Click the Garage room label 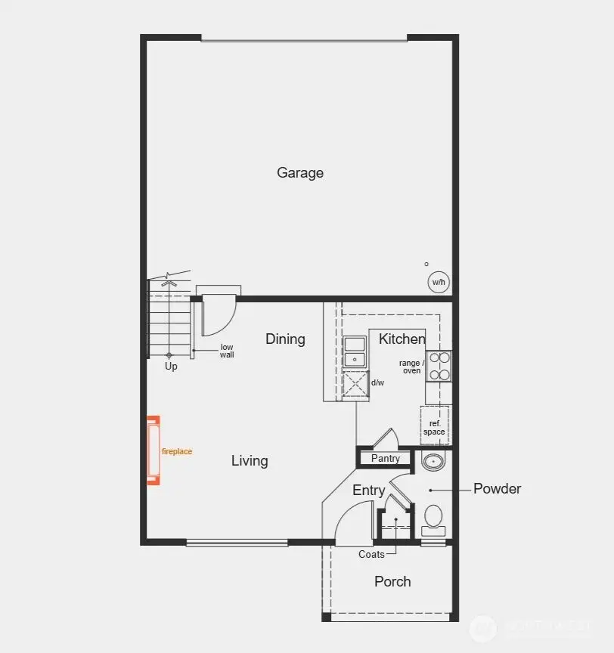pyautogui.click(x=300, y=173)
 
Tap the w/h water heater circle pyautogui.click(x=439, y=283)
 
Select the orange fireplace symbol pyautogui.click(x=153, y=450)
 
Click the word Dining pyautogui.click(x=285, y=339)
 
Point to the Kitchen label pyautogui.click(x=402, y=339)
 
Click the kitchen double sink pyautogui.click(x=354, y=352)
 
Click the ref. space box pyautogui.click(x=434, y=427)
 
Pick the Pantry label pyautogui.click(x=386, y=459)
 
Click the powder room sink pyautogui.click(x=433, y=460)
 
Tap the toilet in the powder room pyautogui.click(x=433, y=518)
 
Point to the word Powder pyautogui.click(x=497, y=489)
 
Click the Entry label pyautogui.click(x=368, y=491)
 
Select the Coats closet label pyautogui.click(x=371, y=555)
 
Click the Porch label pyautogui.click(x=392, y=582)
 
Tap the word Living pyautogui.click(x=250, y=461)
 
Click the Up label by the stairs pyautogui.click(x=172, y=367)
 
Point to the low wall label pyautogui.click(x=227, y=351)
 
